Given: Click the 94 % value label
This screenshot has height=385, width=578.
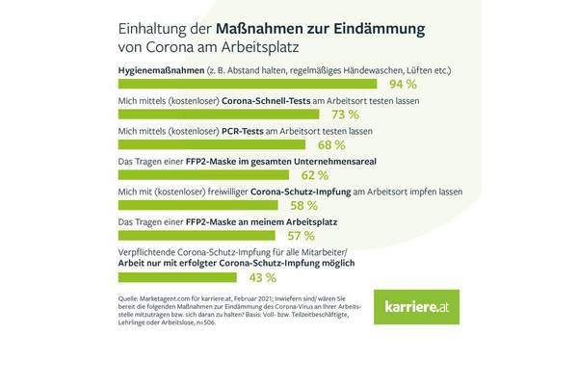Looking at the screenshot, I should point(445,85).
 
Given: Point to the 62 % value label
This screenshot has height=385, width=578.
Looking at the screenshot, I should point(314,175).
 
